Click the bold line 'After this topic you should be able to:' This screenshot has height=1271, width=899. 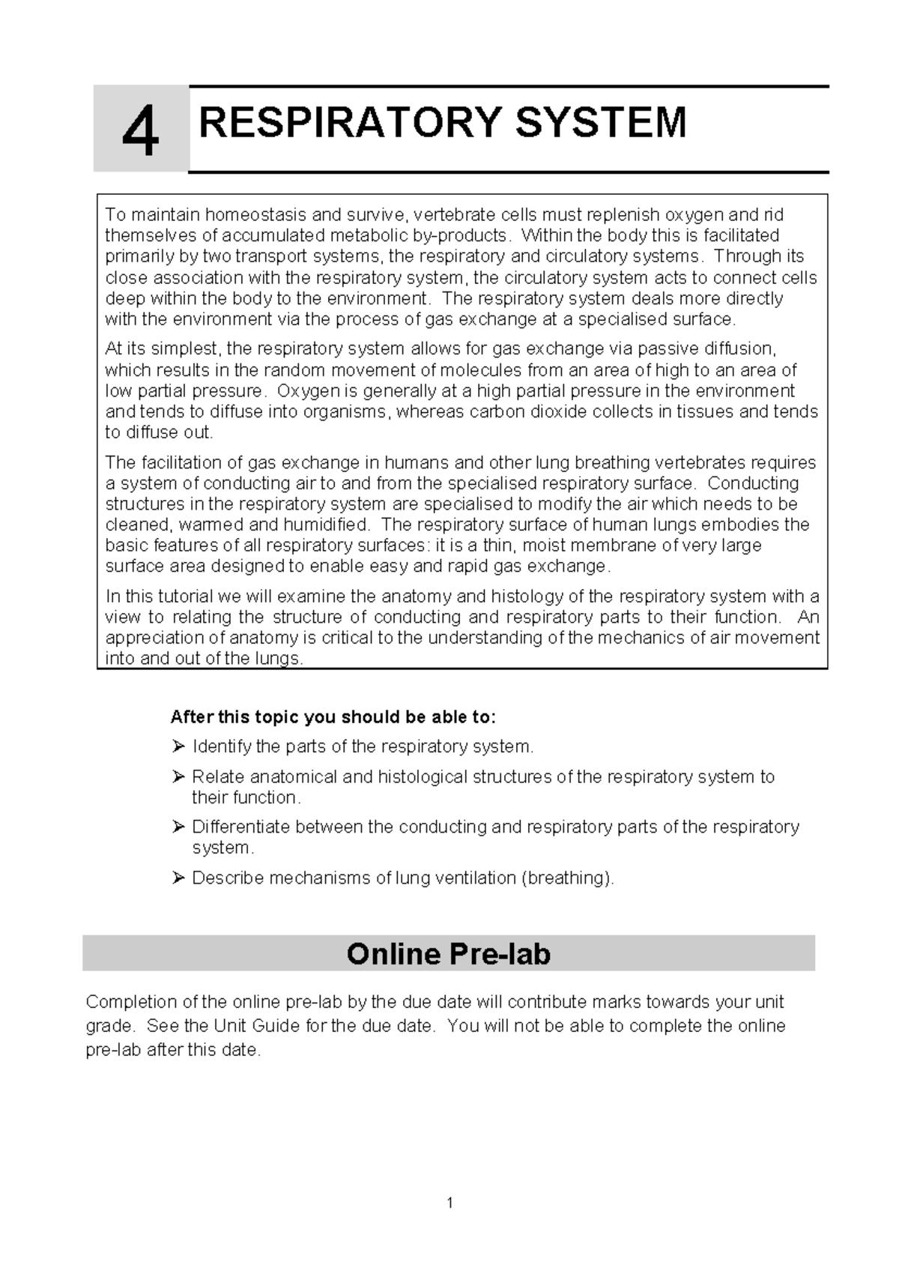click(x=333, y=717)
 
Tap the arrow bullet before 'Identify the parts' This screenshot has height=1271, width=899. click(x=178, y=746)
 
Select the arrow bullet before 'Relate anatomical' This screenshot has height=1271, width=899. click(x=178, y=776)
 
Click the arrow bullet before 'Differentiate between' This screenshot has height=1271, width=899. click(x=178, y=827)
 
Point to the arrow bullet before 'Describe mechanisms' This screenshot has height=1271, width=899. click(x=178, y=878)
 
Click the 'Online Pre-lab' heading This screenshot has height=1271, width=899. click(x=448, y=953)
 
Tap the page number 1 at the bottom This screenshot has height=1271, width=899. click(x=449, y=1204)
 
